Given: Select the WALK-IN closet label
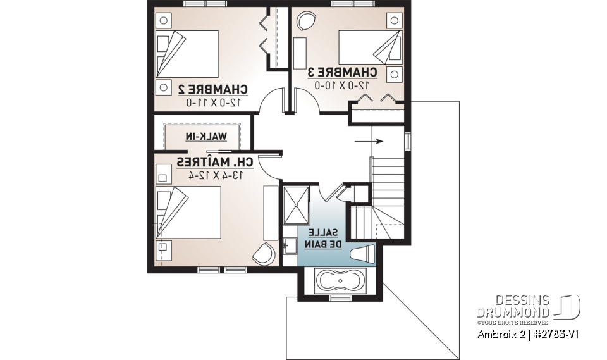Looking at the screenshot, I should click(205, 136).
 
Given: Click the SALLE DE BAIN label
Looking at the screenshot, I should click(328, 237).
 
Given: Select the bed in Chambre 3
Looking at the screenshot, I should click(366, 46).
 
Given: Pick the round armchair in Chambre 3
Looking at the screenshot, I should click(307, 22).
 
